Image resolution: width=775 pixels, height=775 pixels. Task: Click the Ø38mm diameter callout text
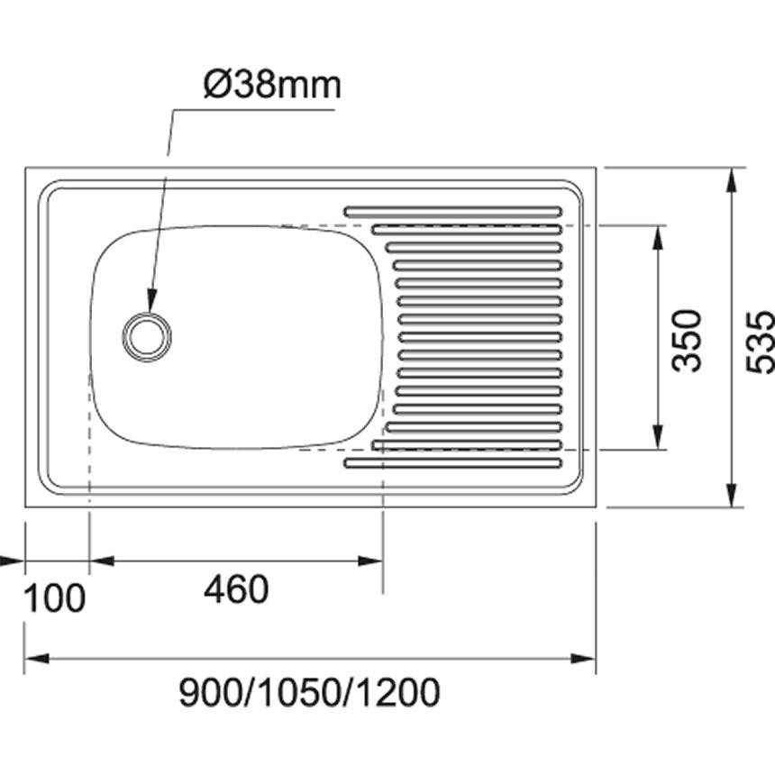[272, 86]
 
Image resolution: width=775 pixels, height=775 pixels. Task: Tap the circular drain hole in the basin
[147, 336]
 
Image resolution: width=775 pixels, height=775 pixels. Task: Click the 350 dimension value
[688, 340]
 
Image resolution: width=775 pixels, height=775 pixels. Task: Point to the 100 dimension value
[54, 597]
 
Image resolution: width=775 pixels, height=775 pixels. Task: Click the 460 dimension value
[236, 590]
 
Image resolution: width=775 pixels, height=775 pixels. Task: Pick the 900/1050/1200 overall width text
[310, 693]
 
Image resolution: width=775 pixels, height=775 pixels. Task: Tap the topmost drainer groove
[452, 212]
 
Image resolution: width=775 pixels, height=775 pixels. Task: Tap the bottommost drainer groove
[452, 463]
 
